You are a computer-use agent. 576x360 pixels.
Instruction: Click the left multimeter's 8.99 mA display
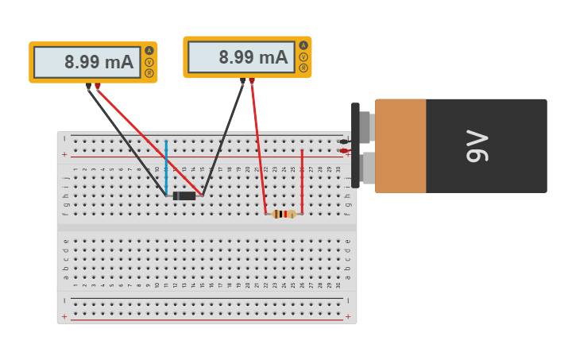[87, 62]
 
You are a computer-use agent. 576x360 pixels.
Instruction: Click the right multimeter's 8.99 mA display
[242, 57]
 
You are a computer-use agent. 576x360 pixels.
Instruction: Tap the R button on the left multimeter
[149, 73]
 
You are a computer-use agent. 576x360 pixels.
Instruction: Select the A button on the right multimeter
[303, 45]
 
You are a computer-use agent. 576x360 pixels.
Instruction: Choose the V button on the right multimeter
[303, 56]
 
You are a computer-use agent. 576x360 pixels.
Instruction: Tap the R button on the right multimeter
[303, 68]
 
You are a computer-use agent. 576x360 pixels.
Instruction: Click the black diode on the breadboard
[184, 195]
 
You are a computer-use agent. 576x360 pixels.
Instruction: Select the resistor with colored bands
[284, 214]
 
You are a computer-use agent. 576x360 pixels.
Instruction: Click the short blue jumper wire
[166, 167]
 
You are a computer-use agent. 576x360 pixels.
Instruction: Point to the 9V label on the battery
[477, 145]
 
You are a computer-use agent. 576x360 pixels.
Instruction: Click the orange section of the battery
[400, 145]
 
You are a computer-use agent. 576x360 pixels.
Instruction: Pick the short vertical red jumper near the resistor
[302, 181]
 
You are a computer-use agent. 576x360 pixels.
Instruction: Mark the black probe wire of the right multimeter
[223, 138]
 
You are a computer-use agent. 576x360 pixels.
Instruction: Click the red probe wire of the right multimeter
[258, 147]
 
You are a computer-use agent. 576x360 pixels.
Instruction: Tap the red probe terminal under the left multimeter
[98, 86]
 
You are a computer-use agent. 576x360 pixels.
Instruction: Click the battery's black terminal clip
[356, 145]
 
